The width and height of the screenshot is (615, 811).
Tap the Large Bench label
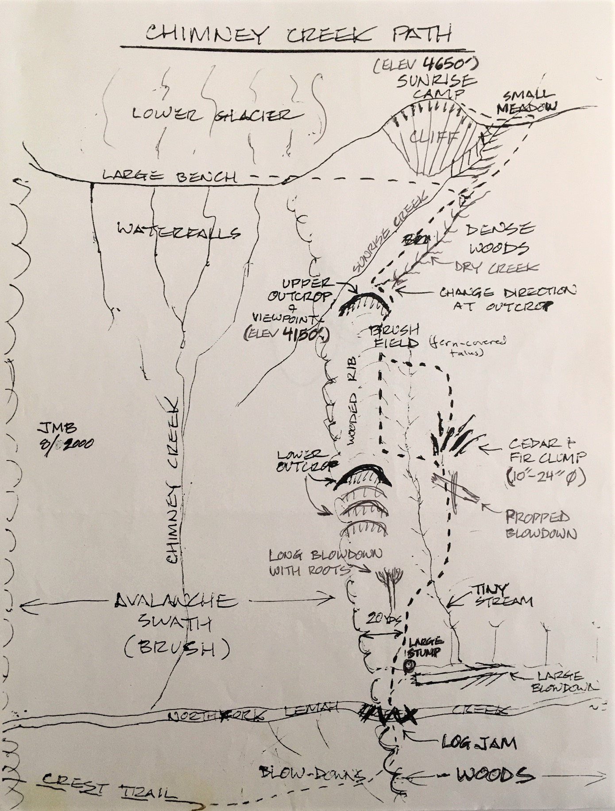(168, 177)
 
